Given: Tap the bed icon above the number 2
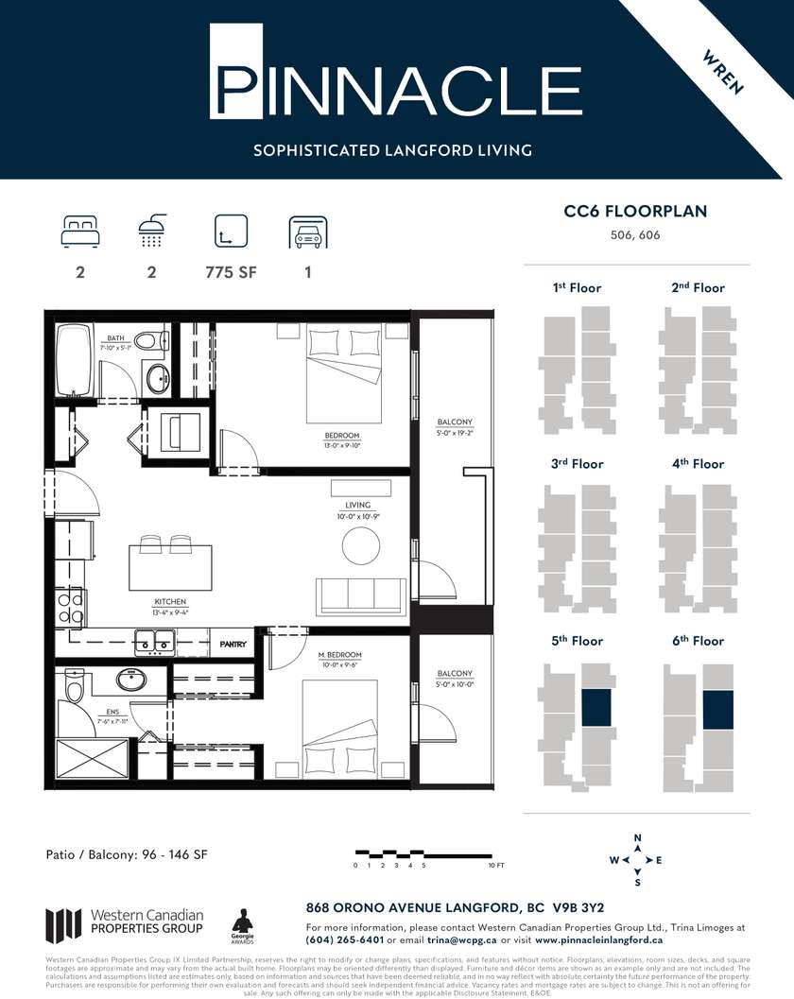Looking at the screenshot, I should coord(80,231).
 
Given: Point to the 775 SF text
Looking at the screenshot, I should coord(231,273).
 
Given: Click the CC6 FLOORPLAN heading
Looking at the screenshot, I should coord(635,212).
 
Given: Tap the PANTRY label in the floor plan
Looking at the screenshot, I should coord(233,645).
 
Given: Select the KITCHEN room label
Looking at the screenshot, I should coord(170,602).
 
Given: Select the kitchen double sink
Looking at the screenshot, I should coord(153,646).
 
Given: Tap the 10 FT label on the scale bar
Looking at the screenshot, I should coord(496,866).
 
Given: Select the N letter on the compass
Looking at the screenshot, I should coord(637,838).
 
